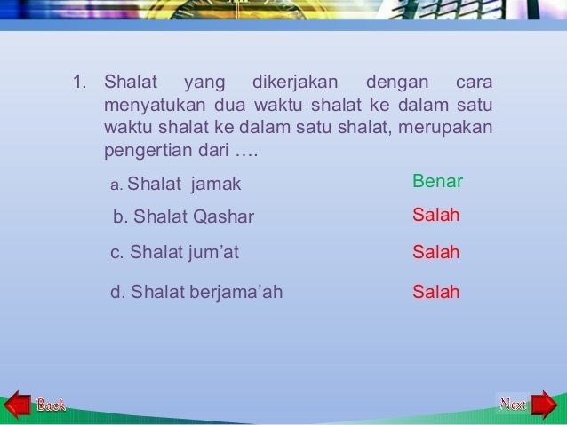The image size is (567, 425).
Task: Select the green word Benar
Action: tap(437, 182)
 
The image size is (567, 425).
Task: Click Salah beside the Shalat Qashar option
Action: tap(435, 216)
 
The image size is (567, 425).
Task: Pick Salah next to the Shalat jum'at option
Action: tap(435, 253)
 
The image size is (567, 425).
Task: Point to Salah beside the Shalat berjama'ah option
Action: tap(435, 292)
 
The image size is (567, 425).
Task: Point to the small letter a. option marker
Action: tap(116, 185)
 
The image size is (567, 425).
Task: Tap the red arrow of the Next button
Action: tap(543, 405)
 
